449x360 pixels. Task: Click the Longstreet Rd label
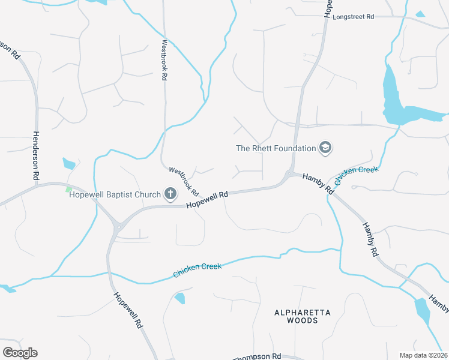click(x=353, y=17)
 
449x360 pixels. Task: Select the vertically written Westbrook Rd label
click(x=164, y=61)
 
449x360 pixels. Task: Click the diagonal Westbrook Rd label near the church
click(x=183, y=181)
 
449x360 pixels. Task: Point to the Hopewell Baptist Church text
click(x=115, y=194)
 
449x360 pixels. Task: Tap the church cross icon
click(x=170, y=194)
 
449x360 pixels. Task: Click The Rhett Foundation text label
click(x=276, y=148)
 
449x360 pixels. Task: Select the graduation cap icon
click(x=325, y=148)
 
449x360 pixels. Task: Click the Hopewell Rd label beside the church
click(x=208, y=200)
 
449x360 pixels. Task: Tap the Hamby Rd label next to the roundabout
click(x=318, y=182)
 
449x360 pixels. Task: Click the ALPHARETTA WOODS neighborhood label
click(x=295, y=316)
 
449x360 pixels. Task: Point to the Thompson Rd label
click(x=258, y=356)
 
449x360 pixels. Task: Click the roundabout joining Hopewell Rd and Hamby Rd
click(x=289, y=175)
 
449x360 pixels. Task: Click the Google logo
click(x=20, y=353)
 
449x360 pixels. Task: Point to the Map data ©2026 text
click(x=423, y=355)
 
